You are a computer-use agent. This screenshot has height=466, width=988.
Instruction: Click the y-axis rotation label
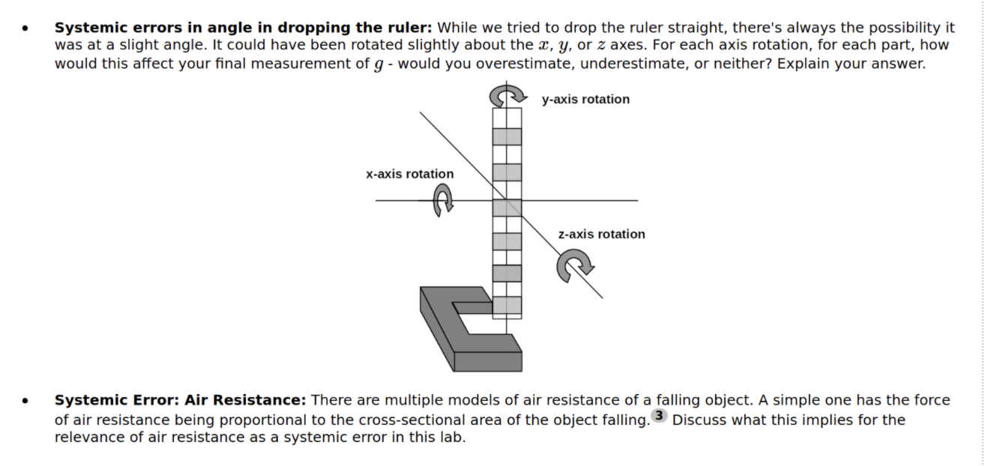tap(585, 100)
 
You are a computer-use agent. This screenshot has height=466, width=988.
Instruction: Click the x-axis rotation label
tap(409, 174)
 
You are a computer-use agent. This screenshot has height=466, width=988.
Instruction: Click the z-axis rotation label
tap(601, 234)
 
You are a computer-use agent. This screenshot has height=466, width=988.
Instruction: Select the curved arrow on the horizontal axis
tap(444, 201)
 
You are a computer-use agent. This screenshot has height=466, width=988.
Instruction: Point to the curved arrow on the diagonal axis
tap(574, 265)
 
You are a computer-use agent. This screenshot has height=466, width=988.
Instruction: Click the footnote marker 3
tap(659, 416)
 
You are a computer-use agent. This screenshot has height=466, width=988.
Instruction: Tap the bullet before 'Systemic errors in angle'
tap(27, 28)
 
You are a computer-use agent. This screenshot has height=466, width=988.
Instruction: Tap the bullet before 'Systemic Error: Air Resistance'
tap(27, 402)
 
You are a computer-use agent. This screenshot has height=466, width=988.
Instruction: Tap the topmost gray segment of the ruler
tap(507, 136)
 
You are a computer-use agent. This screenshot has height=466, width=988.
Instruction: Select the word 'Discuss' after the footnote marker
tap(697, 420)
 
